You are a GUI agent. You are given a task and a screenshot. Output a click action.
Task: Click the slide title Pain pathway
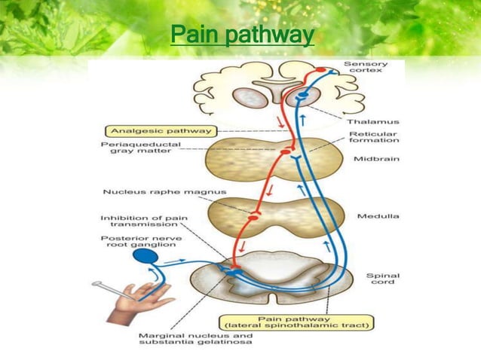[241, 35]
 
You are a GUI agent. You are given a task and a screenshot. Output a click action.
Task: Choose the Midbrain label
[371, 160]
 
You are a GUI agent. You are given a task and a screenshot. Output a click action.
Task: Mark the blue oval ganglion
[146, 257]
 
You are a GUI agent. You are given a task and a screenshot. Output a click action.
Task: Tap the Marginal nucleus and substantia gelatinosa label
[198, 339]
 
